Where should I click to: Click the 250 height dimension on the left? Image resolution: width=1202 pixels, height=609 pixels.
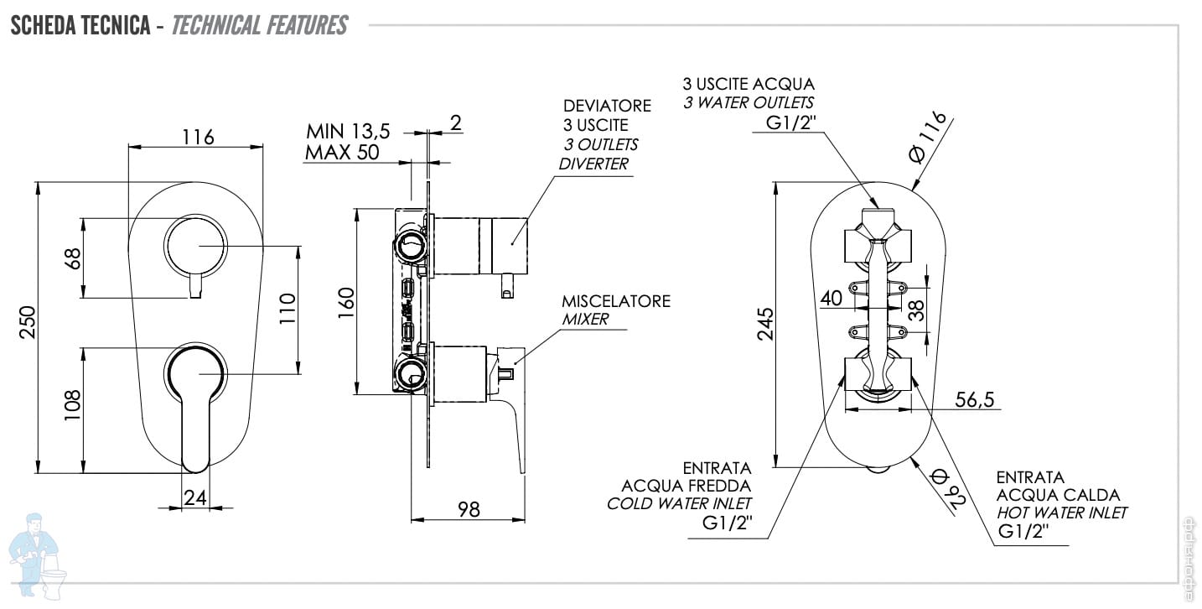pyautogui.click(x=27, y=322)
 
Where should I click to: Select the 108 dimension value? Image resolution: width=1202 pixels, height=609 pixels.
pyautogui.click(x=72, y=405)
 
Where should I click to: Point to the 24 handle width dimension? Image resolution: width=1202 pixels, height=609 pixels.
pyautogui.click(x=194, y=497)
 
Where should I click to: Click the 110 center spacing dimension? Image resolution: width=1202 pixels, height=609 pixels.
pyautogui.click(x=288, y=308)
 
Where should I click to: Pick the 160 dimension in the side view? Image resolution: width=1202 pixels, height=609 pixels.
pyautogui.click(x=347, y=303)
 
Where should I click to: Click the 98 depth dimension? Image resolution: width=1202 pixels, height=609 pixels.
pyautogui.click(x=469, y=509)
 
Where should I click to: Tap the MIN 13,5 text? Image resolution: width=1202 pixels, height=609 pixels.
pyautogui.click(x=348, y=131)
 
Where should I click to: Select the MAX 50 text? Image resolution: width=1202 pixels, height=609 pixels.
pyautogui.click(x=342, y=153)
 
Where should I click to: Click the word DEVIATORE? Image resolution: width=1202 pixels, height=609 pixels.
pyautogui.click(x=607, y=106)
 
